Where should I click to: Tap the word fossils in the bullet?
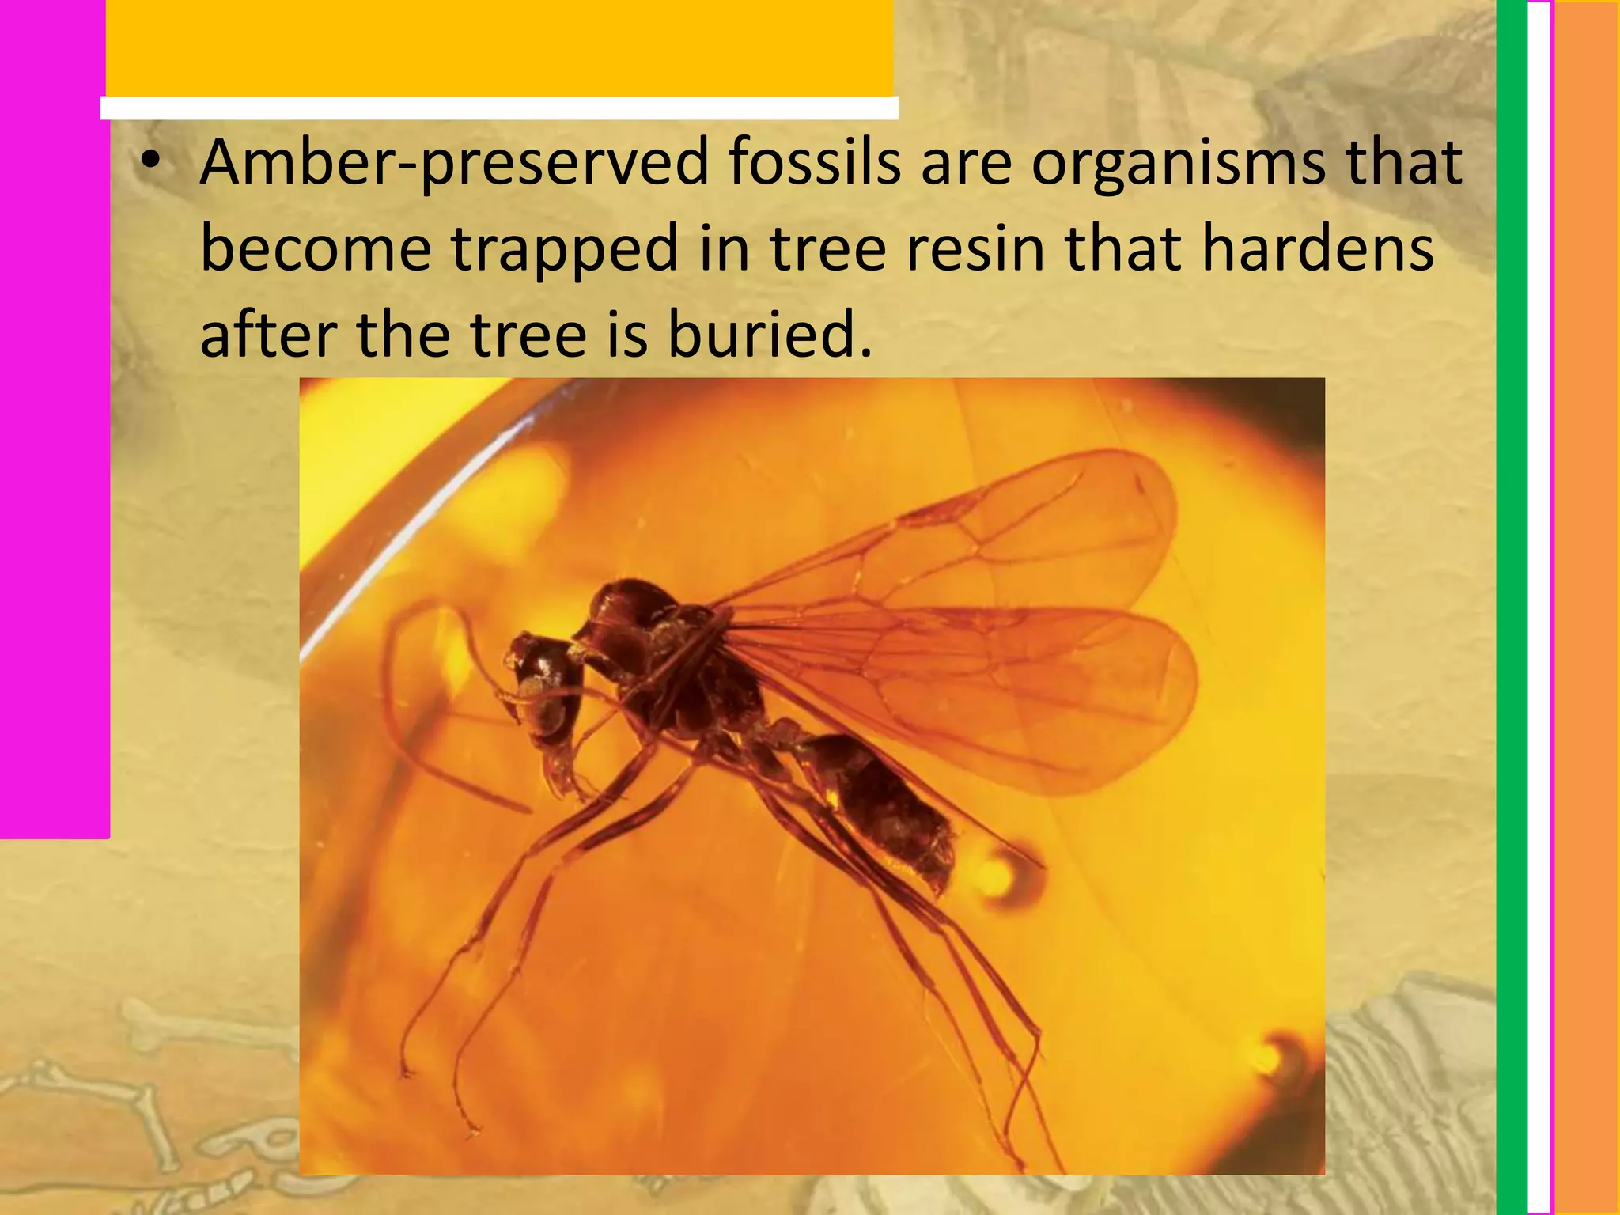pos(814,162)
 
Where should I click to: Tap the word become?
pos(316,248)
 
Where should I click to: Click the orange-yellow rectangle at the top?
pos(499,47)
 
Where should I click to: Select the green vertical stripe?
pos(1512,607)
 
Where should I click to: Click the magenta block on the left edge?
pos(54,419)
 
